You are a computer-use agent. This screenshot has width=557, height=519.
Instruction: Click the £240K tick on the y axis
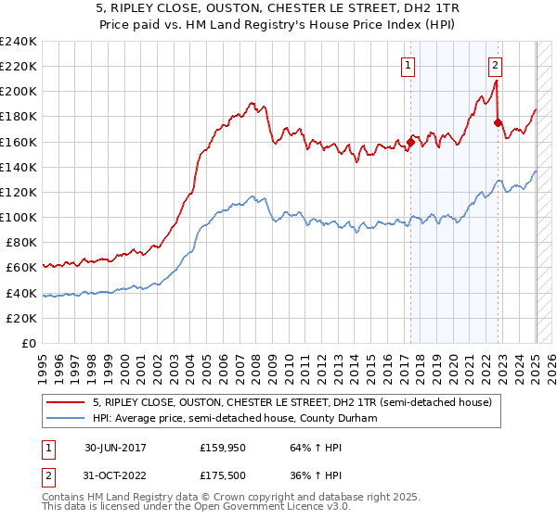pos(19,42)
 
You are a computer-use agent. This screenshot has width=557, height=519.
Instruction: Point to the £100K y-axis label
pos(19,217)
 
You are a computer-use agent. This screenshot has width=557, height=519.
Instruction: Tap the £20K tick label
pos(21,318)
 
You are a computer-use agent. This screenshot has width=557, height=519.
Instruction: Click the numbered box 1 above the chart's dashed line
pos(408,65)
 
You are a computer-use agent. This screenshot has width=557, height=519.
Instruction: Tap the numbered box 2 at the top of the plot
pos(496,65)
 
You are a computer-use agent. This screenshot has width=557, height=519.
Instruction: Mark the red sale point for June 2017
pos(410,142)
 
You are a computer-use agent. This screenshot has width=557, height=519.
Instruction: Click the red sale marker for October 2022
pos(499,122)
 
